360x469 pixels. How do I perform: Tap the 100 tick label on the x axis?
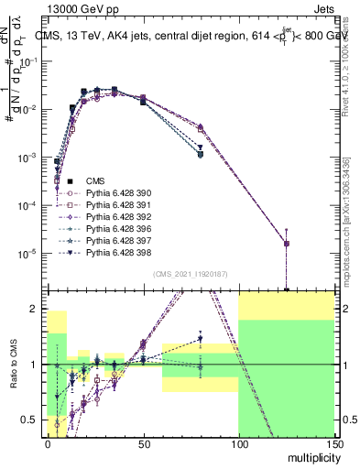238,443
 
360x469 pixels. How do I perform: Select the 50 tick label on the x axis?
143,443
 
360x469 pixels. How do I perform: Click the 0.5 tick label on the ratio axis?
32,420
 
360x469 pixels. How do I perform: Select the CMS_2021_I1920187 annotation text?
191,275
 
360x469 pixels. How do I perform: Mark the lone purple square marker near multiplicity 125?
287,244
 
